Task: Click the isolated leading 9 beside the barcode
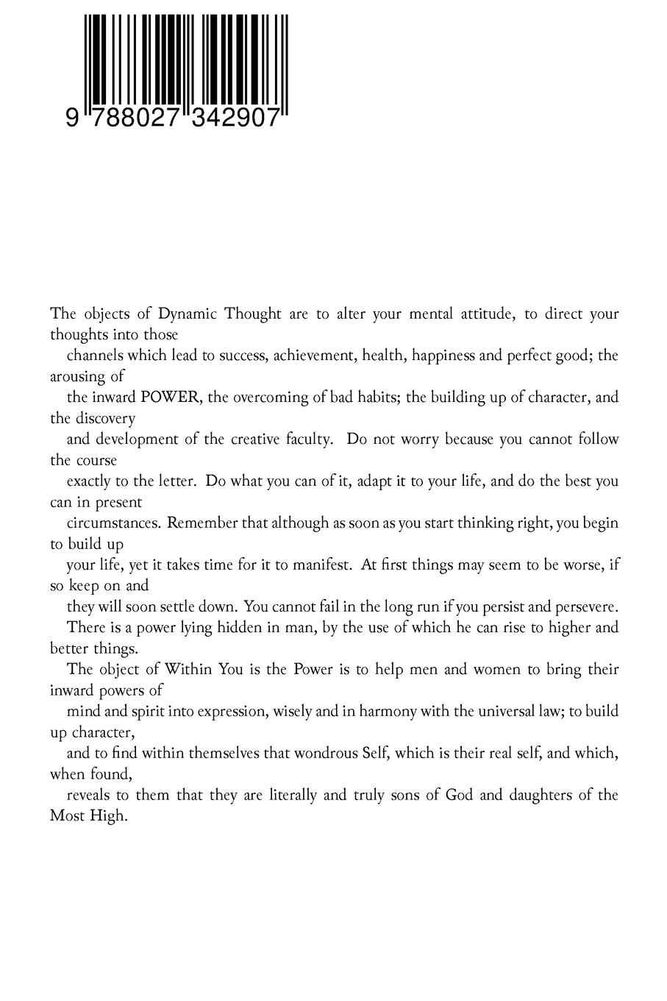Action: click(71, 118)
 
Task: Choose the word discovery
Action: click(104, 419)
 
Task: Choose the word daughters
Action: click(529, 795)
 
